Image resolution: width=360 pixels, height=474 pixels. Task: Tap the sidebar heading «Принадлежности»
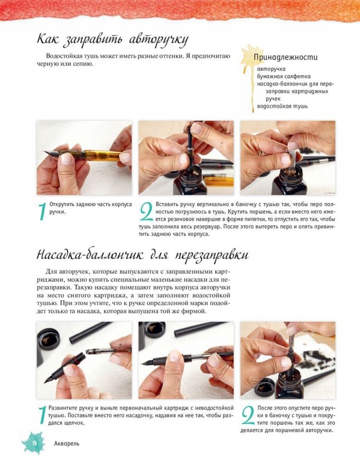coord(285,57)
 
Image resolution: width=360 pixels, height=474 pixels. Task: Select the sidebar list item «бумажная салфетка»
coord(284,77)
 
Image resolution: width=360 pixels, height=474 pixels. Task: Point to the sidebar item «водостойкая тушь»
coord(282,106)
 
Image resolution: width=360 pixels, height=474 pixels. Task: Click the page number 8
coord(35,443)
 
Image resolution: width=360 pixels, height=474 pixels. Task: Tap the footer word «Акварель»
coord(66,444)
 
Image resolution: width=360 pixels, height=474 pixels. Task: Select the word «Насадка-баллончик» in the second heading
coord(90,255)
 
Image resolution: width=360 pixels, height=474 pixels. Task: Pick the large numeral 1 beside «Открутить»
coord(42,212)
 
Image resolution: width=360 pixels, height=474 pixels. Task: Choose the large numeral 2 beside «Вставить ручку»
coord(147,212)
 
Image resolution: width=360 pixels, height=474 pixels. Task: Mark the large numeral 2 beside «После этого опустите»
coord(248,417)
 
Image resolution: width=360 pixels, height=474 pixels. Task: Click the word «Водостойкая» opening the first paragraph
coord(65,56)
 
